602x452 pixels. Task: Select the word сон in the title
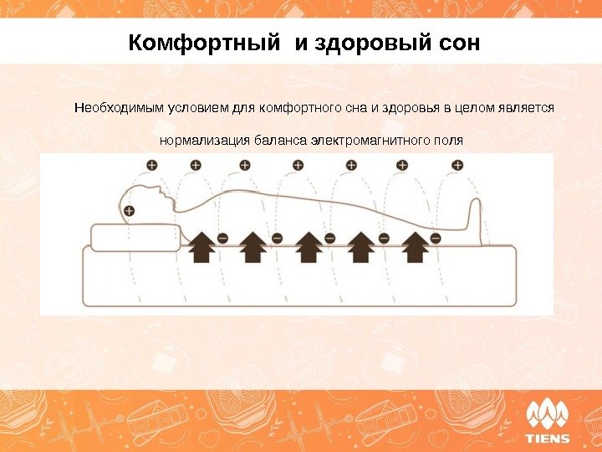pyautogui.click(x=457, y=42)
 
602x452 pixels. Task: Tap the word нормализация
pyautogui.click(x=199, y=140)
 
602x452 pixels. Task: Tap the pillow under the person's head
pyautogui.click(x=130, y=237)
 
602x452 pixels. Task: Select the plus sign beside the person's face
pyautogui.click(x=129, y=210)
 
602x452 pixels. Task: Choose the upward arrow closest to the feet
pyautogui.click(x=416, y=248)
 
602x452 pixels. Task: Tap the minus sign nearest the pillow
pyautogui.click(x=222, y=239)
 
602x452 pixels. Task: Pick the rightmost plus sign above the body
pyautogui.click(x=457, y=166)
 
